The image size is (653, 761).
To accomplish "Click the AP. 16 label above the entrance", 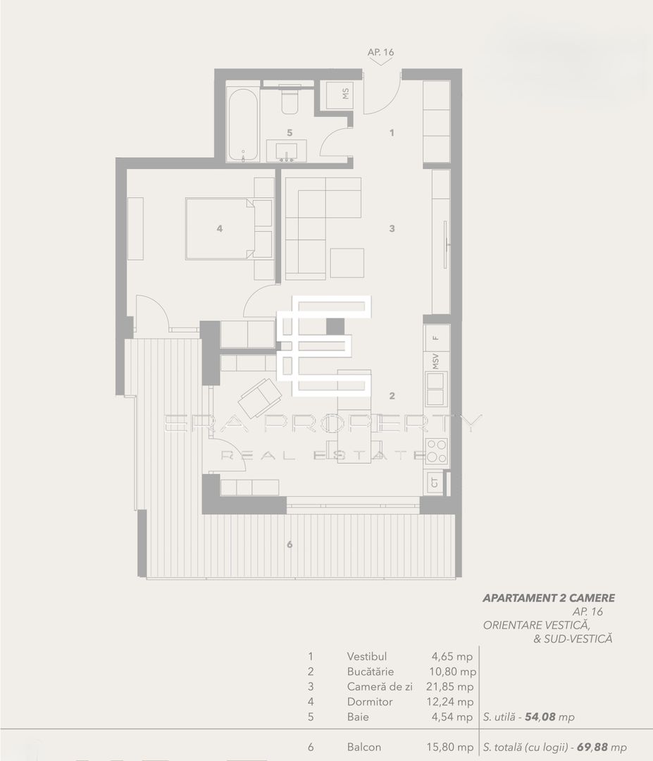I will [380, 52].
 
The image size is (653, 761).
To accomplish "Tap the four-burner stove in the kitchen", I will [437, 450].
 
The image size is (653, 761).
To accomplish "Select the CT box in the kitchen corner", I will [435, 483].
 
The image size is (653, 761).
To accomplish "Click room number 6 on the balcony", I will [289, 544].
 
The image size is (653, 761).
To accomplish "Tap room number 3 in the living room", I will [392, 228].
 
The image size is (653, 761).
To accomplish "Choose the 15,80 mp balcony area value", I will [453, 748].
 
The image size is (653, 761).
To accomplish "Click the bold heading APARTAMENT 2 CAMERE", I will [549, 598].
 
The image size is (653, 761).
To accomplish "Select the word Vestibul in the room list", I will [367, 656].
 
